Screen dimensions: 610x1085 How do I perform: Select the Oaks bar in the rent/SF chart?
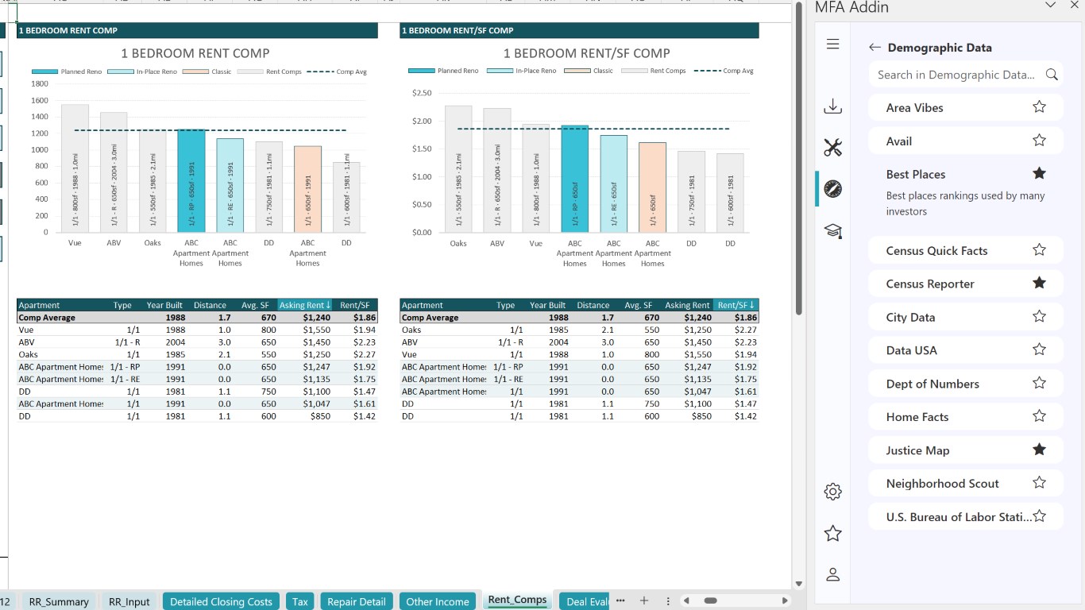[x=458, y=169]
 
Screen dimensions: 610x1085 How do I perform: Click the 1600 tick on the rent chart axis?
[x=40, y=100]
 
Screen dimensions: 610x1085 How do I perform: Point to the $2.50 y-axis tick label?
[x=422, y=93]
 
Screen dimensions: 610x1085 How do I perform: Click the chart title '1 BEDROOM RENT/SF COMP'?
[x=586, y=53]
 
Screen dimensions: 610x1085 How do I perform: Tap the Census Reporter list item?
[x=930, y=284]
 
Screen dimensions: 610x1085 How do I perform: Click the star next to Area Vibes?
[x=1039, y=107]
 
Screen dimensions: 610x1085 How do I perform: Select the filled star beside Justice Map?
[x=1039, y=450]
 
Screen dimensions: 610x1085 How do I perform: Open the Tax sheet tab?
[x=300, y=601]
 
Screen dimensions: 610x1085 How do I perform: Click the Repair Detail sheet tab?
[x=357, y=601]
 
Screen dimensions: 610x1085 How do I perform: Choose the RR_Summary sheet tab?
[x=59, y=601]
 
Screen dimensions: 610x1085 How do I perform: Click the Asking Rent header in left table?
[x=305, y=305]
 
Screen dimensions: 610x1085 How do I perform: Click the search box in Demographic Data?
[x=956, y=75]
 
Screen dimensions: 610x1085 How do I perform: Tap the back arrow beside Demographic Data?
[x=875, y=48]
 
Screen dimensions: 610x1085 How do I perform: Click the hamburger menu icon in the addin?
[x=832, y=44]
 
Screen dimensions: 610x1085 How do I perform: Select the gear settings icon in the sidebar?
[x=832, y=492]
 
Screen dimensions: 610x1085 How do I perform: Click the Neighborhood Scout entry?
[x=943, y=484]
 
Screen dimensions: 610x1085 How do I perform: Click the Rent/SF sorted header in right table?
[x=736, y=305]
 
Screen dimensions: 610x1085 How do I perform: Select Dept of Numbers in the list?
[x=932, y=384]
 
